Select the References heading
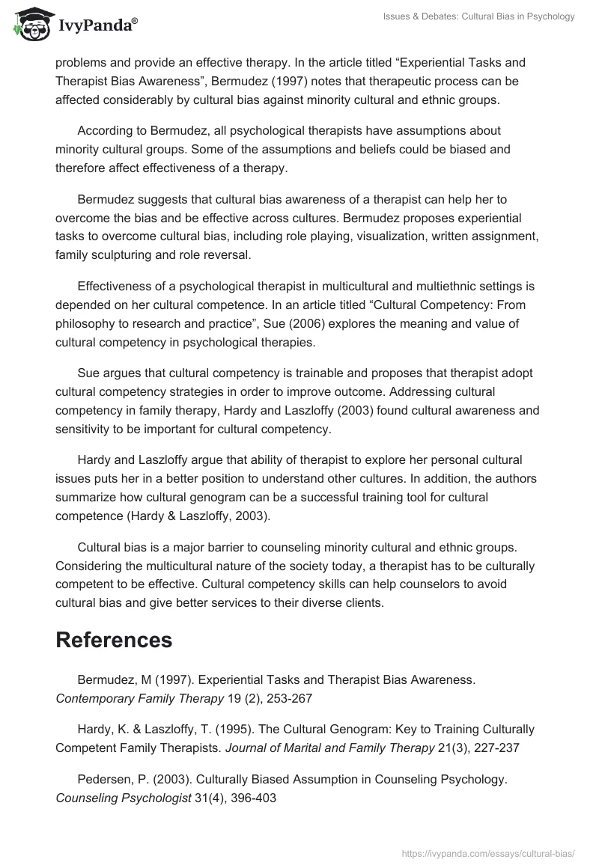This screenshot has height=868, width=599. (x=114, y=640)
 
